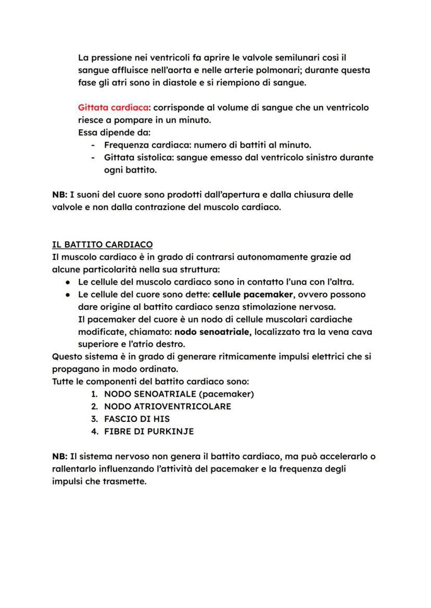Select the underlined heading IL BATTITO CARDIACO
(x=102, y=244)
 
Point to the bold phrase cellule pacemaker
(x=249, y=294)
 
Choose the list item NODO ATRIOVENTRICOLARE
(x=167, y=406)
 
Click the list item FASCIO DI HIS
(x=136, y=419)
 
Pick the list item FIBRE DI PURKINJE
(x=148, y=431)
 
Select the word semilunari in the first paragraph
(x=293, y=58)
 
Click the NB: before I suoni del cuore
(x=59, y=195)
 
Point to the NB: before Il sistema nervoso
(x=59, y=457)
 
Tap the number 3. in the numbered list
(x=94, y=419)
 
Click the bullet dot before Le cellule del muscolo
(x=68, y=282)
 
